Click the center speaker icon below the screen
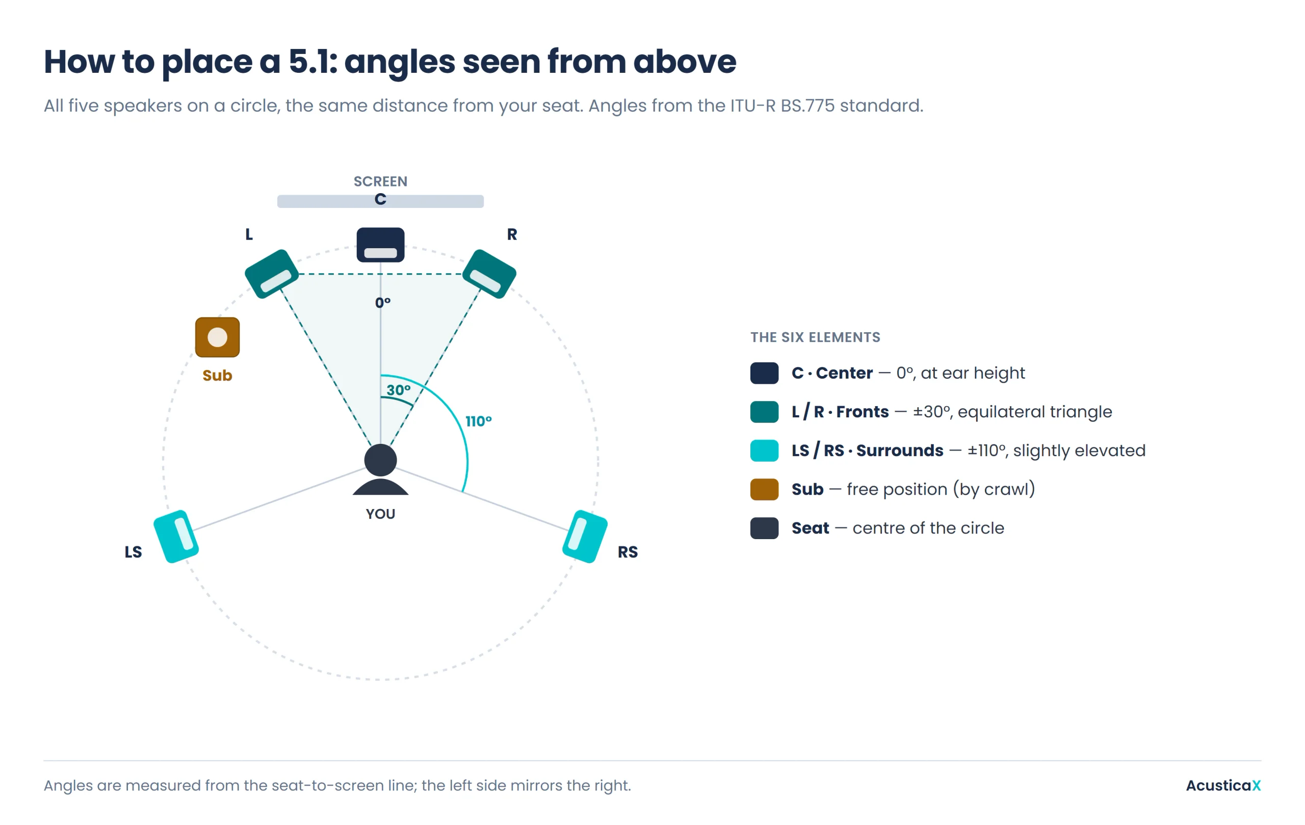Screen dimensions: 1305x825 coord(380,245)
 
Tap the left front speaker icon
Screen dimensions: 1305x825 coord(272,274)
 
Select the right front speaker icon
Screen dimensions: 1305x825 coord(489,274)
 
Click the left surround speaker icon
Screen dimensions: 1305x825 coord(176,536)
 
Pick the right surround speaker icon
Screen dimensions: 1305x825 coord(585,536)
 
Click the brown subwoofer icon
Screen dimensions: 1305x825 coord(217,337)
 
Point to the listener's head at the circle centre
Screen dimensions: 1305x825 coord(380,461)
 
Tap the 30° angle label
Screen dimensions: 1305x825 coord(398,390)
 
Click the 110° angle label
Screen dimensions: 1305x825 coord(479,421)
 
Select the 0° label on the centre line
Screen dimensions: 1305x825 coord(383,302)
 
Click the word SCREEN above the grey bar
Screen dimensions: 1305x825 coord(380,181)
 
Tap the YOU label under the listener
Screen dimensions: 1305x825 coord(380,514)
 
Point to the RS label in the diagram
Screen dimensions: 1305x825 coord(628,552)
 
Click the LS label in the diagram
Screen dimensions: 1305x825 coord(134,552)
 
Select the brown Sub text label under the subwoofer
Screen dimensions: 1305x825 coord(217,376)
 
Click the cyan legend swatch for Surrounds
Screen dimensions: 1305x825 coord(764,450)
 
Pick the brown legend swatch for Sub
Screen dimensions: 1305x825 coord(764,489)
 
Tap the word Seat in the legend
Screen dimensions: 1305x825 coord(810,528)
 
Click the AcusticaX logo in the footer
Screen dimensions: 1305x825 coord(1223,785)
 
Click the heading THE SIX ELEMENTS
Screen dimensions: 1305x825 coord(815,337)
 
